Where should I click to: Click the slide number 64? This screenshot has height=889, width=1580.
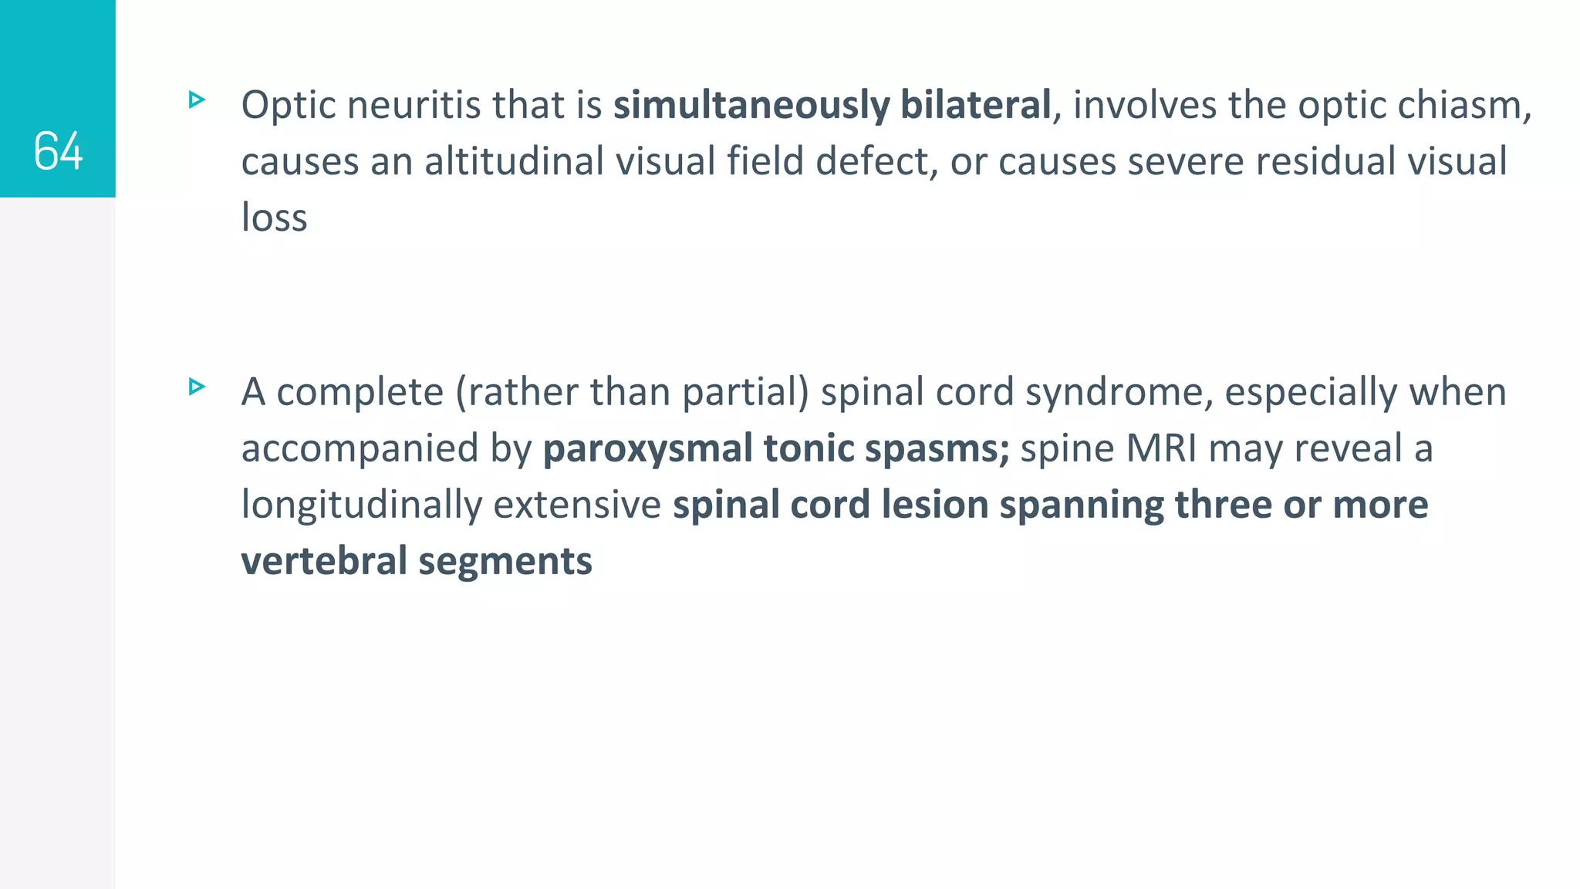pos(58,150)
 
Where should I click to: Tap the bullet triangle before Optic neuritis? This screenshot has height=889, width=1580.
pos(197,100)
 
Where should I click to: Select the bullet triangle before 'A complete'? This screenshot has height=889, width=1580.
pos(197,387)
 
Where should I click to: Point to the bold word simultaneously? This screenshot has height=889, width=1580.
pos(751,106)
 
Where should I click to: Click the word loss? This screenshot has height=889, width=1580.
pos(274,218)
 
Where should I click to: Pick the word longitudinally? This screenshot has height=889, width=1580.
pos(362,505)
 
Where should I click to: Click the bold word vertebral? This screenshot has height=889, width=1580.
pos(324,561)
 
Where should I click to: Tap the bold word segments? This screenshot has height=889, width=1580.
pos(505,563)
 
